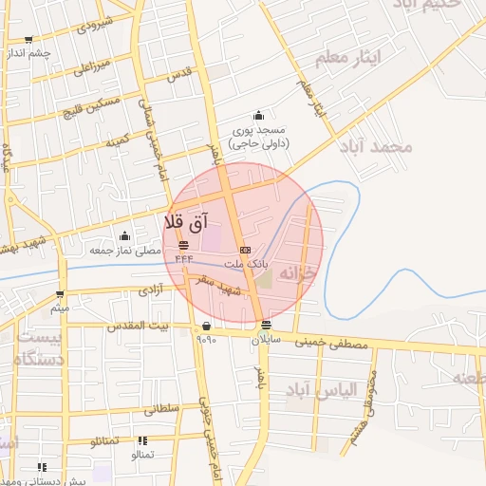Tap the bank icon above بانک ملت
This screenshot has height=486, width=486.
pos(246,250)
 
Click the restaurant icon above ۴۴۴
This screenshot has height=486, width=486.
pos(182,245)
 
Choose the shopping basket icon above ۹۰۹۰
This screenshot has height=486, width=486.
pos(207,326)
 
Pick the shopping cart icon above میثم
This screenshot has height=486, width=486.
pos(61,295)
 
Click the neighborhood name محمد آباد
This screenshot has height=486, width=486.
pos(387,147)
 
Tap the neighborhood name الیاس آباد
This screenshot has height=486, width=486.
pos(352,389)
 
